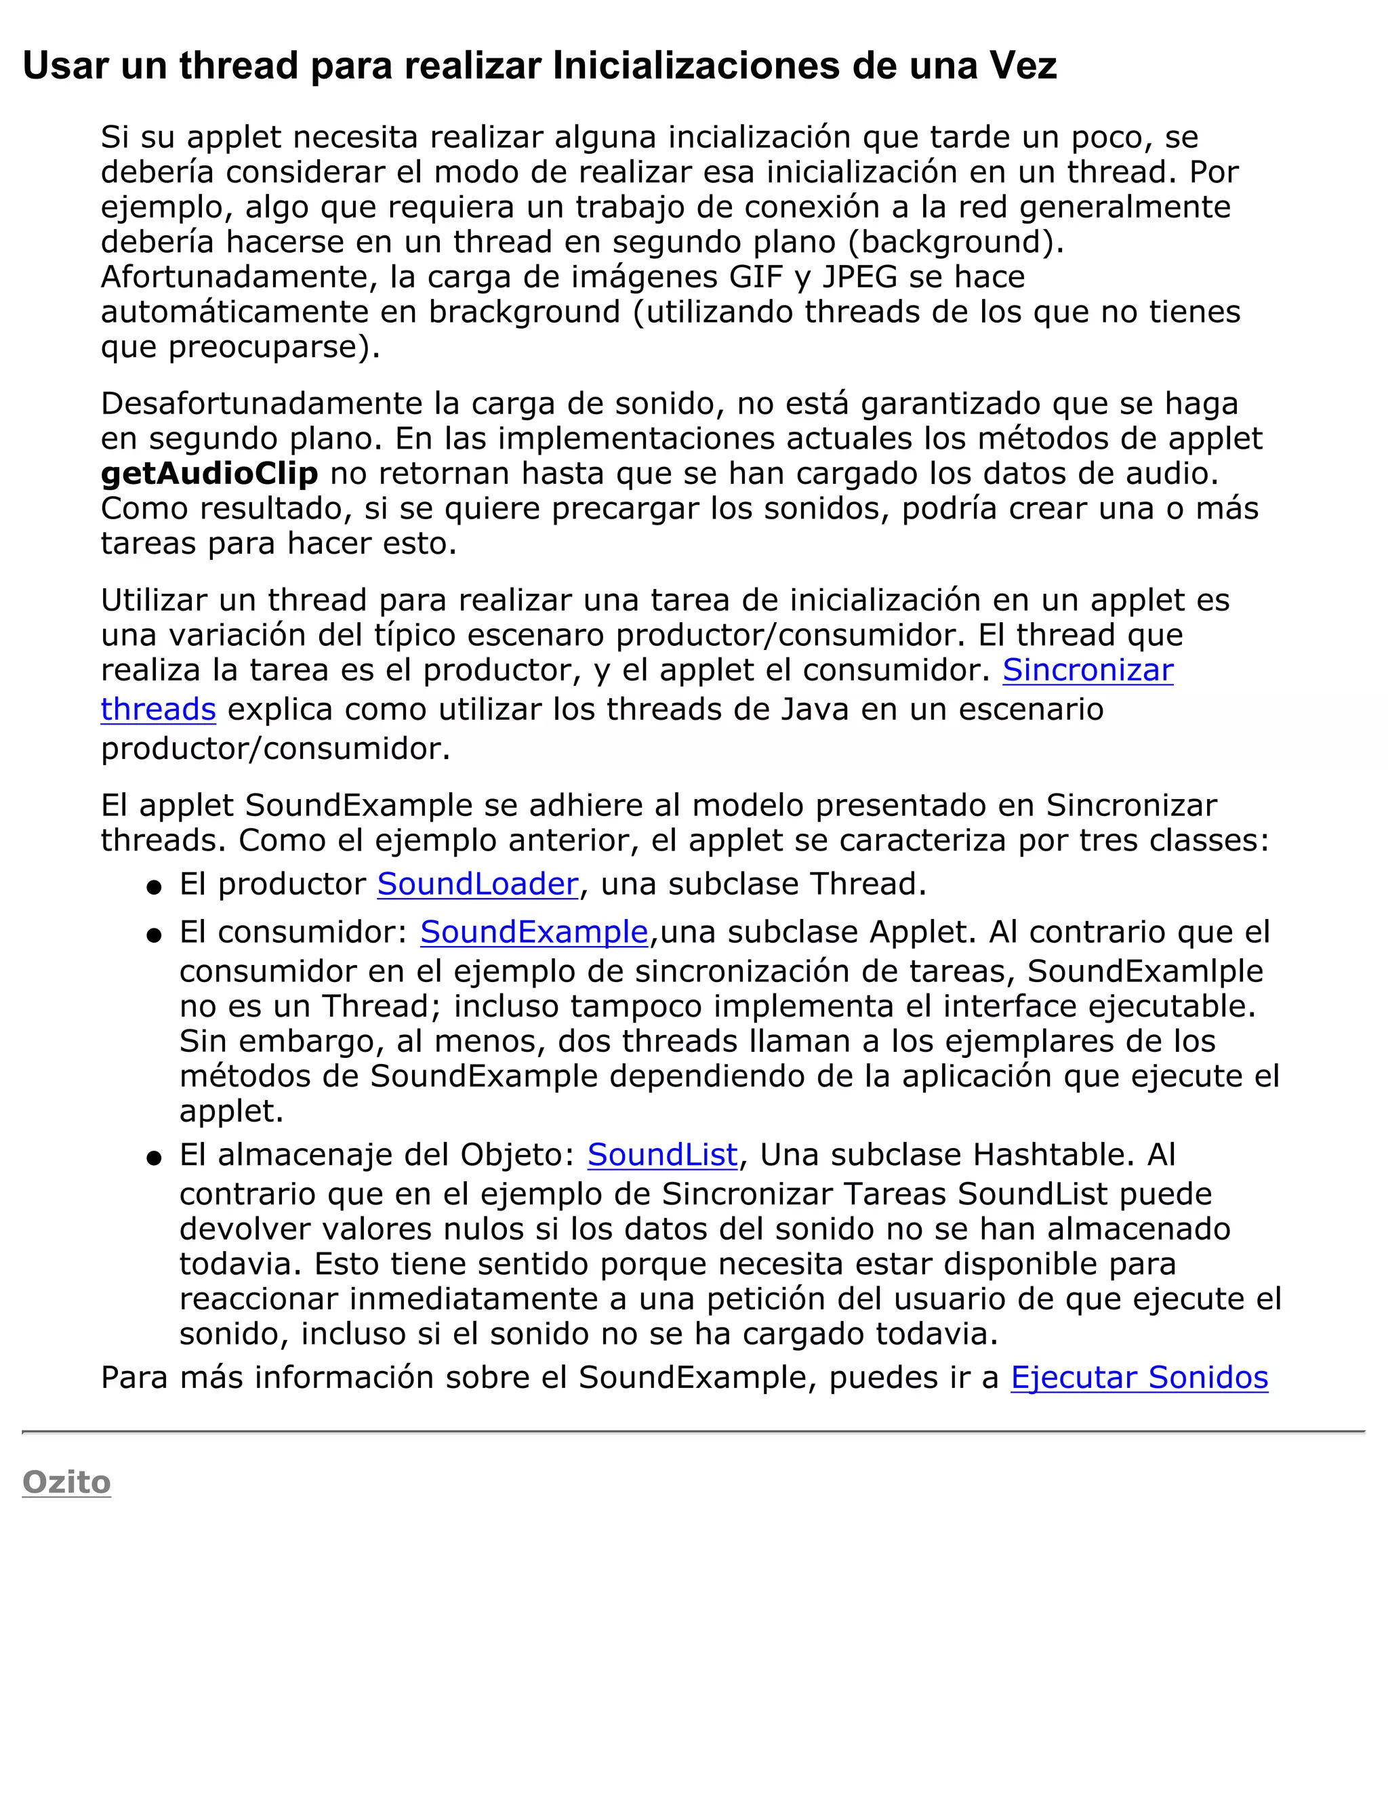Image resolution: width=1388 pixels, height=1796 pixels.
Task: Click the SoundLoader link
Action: pyautogui.click(x=478, y=884)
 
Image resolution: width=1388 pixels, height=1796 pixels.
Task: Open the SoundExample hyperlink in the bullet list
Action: pyautogui.click(x=533, y=932)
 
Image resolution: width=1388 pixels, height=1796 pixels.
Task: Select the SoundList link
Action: pyautogui.click(x=662, y=1155)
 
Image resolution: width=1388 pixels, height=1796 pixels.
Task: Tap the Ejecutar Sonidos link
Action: pyautogui.click(x=1139, y=1376)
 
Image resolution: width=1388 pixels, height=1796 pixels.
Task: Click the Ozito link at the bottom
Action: pyautogui.click(x=66, y=1481)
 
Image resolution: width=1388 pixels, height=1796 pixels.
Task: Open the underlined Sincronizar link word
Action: pyautogui.click(x=1087, y=670)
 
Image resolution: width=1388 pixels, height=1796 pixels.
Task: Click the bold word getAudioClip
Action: pyautogui.click(x=209, y=474)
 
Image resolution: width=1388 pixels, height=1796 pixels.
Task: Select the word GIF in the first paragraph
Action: pyautogui.click(x=756, y=277)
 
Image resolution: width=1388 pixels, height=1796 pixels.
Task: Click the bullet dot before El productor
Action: pyautogui.click(x=154, y=887)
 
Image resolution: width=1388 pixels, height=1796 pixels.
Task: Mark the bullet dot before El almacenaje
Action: pyautogui.click(x=154, y=1158)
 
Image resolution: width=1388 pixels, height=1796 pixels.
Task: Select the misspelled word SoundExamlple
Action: pyautogui.click(x=1145, y=971)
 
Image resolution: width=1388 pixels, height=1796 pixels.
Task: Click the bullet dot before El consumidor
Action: pyautogui.click(x=154, y=935)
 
